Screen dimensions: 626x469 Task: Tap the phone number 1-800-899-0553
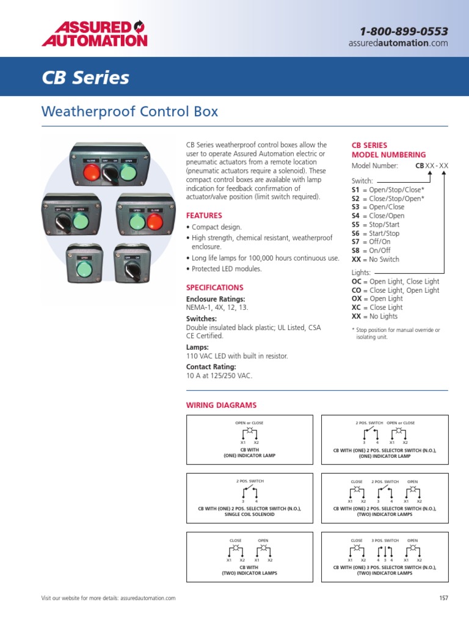pyautogui.click(x=404, y=31)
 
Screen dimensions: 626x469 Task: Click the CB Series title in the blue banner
pyautogui.click(x=85, y=78)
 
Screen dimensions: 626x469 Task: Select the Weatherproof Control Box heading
pyautogui.click(x=129, y=112)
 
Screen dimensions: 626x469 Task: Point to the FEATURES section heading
pyautogui.click(x=204, y=216)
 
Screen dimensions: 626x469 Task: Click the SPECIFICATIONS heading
pyautogui.click(x=214, y=287)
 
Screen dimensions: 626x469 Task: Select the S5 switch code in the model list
pyautogui.click(x=356, y=224)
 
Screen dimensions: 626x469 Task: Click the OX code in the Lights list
pyautogui.click(x=357, y=299)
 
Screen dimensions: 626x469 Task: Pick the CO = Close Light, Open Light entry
pyautogui.click(x=395, y=290)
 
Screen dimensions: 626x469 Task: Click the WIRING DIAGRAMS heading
pyautogui.click(x=221, y=405)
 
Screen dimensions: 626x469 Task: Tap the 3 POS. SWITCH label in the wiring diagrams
pyautogui.click(x=385, y=540)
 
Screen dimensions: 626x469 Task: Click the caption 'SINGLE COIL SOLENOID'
pyautogui.click(x=249, y=515)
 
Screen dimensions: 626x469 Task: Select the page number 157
pyautogui.click(x=443, y=598)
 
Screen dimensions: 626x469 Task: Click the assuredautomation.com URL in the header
pyautogui.click(x=398, y=43)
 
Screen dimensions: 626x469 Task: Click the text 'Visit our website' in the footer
pyautogui.click(x=61, y=598)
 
